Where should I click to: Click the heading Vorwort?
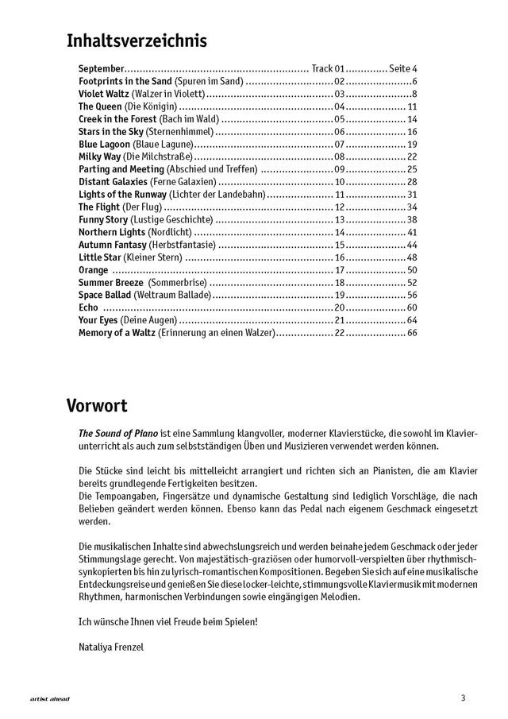97,406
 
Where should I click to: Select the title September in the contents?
102,69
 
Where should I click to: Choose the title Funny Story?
104,219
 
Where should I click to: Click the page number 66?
412,332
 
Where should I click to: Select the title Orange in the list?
94,269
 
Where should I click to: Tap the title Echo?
89,307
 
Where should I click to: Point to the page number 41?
412,232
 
